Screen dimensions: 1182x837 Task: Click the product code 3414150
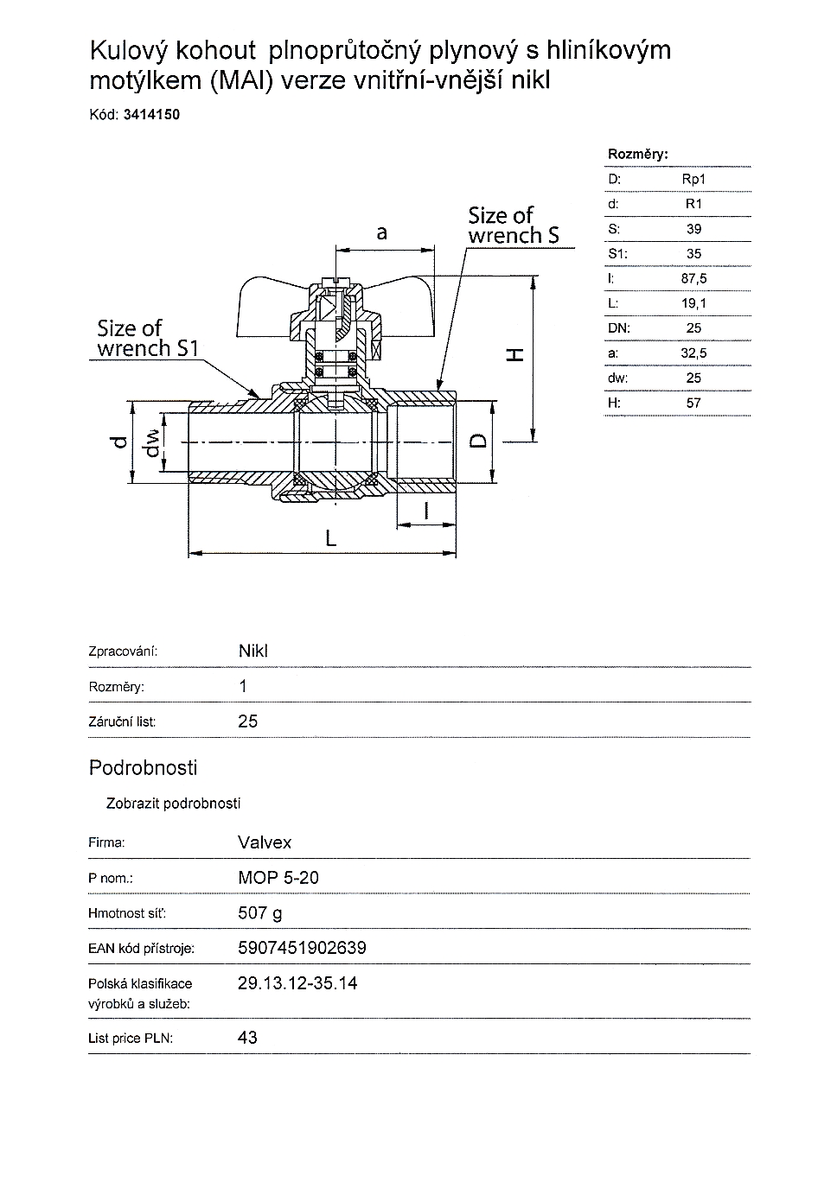pyautogui.click(x=151, y=114)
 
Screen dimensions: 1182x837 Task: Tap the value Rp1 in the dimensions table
pyautogui.click(x=693, y=179)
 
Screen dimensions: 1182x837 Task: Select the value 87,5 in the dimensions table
pyautogui.click(x=693, y=278)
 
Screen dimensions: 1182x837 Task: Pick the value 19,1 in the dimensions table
pyautogui.click(x=693, y=303)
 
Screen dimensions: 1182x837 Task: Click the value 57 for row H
pyautogui.click(x=693, y=403)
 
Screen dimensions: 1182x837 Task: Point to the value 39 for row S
pyautogui.click(x=693, y=229)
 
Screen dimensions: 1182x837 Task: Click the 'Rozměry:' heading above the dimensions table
pyautogui.click(x=638, y=154)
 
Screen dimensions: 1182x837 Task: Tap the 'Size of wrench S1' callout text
pyautogui.click(x=148, y=339)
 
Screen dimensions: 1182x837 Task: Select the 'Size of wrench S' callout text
pyautogui.click(x=513, y=225)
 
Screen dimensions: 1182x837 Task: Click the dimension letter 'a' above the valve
pyautogui.click(x=381, y=233)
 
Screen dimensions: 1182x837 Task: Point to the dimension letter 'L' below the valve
pyautogui.click(x=329, y=538)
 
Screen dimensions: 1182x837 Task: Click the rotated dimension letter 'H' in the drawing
pyautogui.click(x=514, y=354)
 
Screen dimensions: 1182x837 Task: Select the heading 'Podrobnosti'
pyautogui.click(x=143, y=767)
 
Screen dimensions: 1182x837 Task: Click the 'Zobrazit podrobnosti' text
pyautogui.click(x=173, y=804)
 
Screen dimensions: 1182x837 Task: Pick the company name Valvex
pyautogui.click(x=265, y=842)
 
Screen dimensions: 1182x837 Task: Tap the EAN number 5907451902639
pyautogui.click(x=302, y=948)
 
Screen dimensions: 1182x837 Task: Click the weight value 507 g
pyautogui.click(x=259, y=912)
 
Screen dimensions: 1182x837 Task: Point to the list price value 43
pyautogui.click(x=247, y=1038)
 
